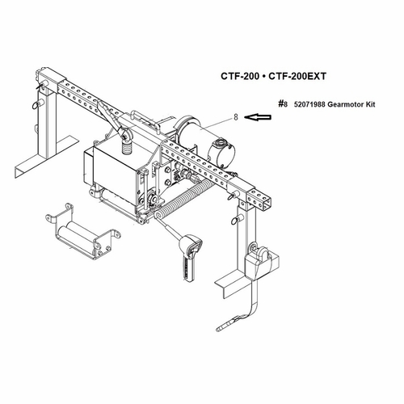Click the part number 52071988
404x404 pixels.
(309, 104)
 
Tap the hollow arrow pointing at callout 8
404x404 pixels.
(258, 117)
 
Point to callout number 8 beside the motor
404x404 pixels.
(236, 117)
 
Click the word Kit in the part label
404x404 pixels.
(370, 104)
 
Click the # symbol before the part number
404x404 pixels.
(281, 104)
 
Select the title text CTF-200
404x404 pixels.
(240, 76)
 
